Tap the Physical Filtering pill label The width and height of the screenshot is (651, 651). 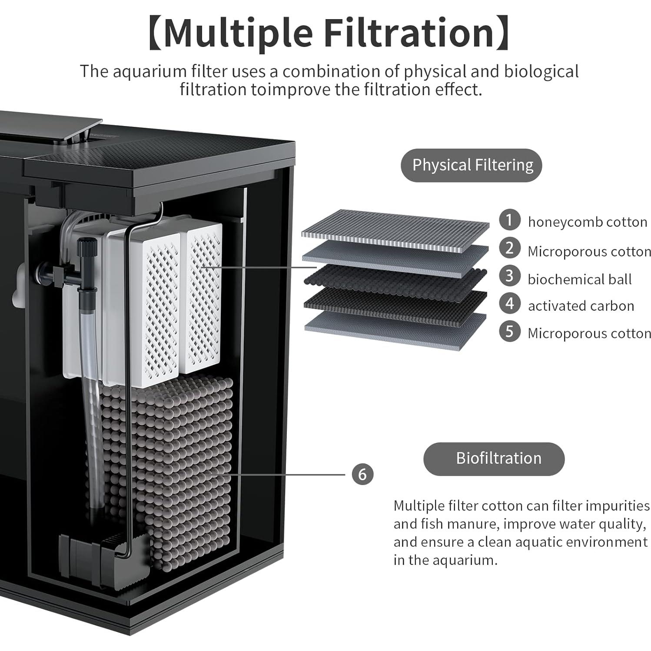472,165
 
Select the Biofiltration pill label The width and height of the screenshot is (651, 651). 494,458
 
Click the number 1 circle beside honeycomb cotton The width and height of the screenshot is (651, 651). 509,220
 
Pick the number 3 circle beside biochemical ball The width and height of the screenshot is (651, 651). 509,276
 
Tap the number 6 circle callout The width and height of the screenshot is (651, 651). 362,474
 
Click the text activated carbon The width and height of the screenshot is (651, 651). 581,306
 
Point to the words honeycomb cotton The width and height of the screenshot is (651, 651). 587,222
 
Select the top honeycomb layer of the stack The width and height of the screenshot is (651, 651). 395,230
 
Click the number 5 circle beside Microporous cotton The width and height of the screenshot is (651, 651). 509,332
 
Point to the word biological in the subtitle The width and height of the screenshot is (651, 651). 541,72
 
